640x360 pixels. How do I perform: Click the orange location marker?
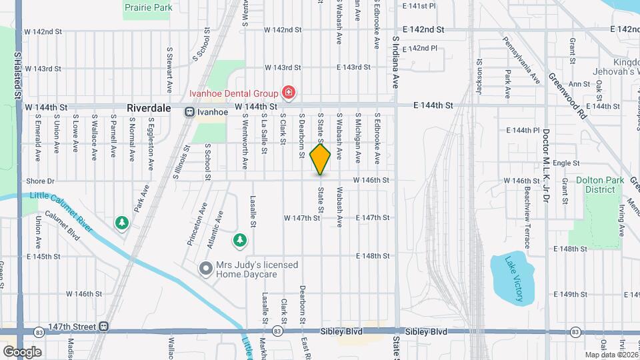pos(321,159)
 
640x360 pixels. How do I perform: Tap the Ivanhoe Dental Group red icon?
pos(289,92)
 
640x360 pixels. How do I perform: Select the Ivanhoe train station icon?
pos(190,112)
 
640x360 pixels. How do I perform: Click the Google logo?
pos(22,351)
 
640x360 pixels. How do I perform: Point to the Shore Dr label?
pos(40,181)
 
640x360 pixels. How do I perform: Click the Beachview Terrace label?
pos(527,208)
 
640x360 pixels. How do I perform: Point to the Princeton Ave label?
pos(194,225)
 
